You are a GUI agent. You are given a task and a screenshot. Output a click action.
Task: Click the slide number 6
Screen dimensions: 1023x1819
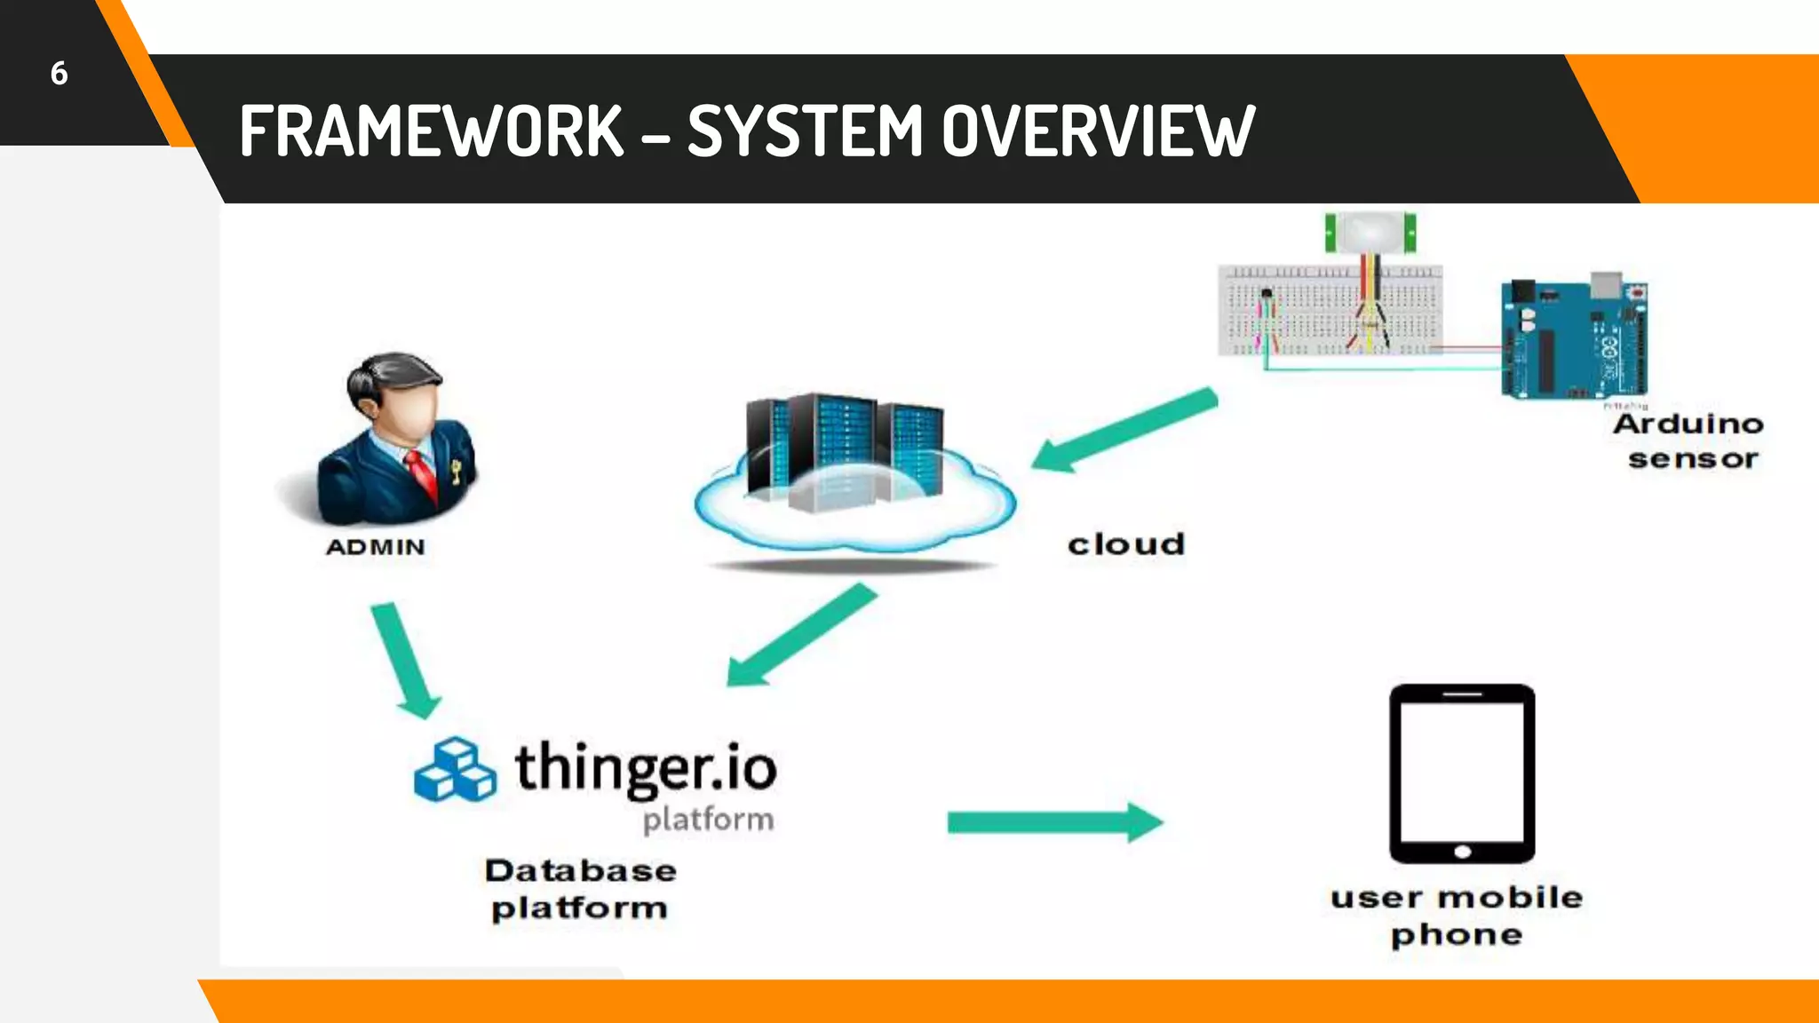[59, 74]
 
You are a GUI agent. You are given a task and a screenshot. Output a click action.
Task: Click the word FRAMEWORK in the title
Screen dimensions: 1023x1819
[432, 131]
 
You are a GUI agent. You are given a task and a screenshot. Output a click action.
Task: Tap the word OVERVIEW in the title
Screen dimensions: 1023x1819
[1098, 131]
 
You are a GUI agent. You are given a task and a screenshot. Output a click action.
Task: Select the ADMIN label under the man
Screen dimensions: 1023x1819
[376, 547]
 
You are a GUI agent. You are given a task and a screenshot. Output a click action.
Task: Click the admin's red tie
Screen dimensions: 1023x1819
[423, 476]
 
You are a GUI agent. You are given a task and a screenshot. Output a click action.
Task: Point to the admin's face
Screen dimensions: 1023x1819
[409, 412]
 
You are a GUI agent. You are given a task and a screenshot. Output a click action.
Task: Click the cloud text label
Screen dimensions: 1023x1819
[1126, 544]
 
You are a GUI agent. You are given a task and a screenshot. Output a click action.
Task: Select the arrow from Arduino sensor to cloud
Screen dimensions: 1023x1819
[1124, 430]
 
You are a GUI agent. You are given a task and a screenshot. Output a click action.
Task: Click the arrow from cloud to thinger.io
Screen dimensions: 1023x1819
[800, 636]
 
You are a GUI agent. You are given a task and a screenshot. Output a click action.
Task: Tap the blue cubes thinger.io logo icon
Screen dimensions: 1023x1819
[455, 770]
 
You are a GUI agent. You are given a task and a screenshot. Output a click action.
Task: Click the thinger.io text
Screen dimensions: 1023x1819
[646, 768]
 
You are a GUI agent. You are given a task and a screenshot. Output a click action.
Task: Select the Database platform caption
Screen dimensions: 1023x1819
[580, 889]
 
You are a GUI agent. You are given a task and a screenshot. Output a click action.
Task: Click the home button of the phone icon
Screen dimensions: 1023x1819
[1462, 852]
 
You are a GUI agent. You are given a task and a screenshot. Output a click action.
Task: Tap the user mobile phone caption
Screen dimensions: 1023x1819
[1457, 916]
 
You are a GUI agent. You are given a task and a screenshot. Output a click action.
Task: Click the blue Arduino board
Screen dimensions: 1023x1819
[1574, 339]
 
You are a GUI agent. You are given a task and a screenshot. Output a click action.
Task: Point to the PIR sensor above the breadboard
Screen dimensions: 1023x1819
[1370, 233]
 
